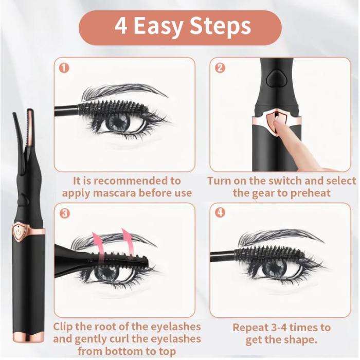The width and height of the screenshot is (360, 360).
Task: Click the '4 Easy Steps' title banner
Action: [180, 27]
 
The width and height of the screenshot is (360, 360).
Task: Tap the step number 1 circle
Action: [64, 67]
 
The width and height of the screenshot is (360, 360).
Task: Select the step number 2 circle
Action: [220, 67]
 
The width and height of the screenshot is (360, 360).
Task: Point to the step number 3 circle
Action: [64, 213]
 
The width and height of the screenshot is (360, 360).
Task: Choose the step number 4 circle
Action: [220, 213]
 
